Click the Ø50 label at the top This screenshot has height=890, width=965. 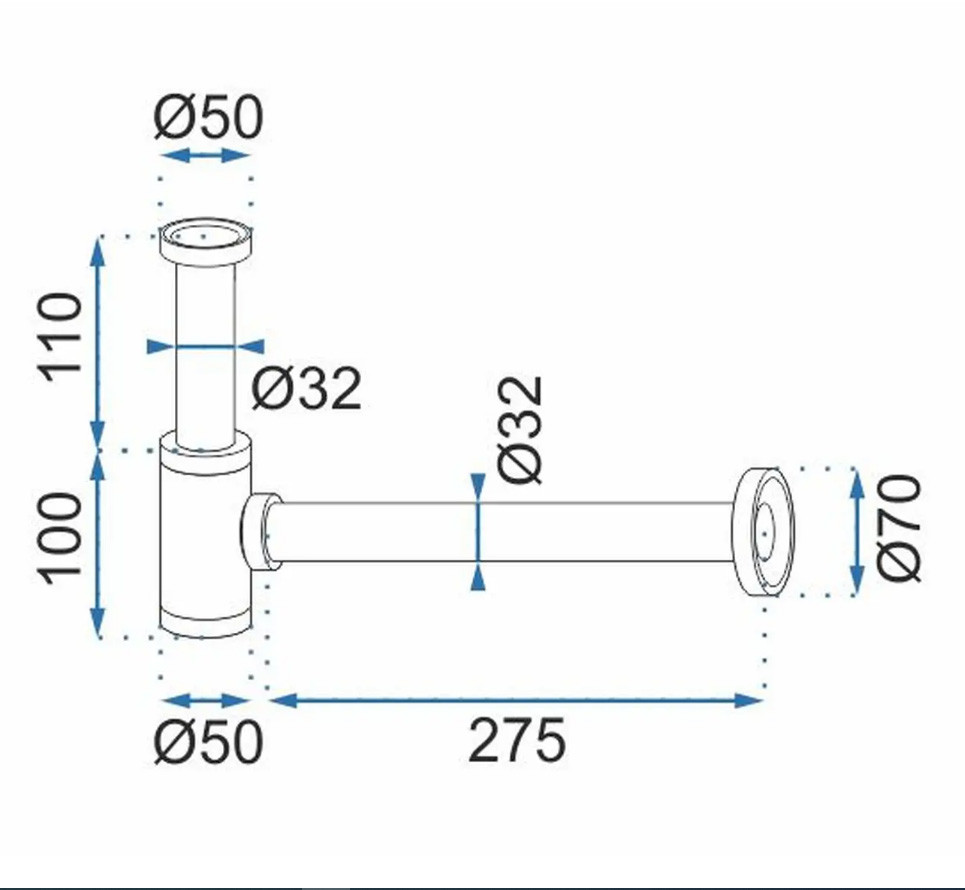coord(208,117)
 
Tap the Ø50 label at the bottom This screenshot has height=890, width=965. coord(208,741)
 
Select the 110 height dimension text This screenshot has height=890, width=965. coord(60,337)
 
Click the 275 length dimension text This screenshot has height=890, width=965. coord(516,740)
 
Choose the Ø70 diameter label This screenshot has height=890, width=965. coord(899,527)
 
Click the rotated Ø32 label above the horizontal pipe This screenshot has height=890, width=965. coord(521,430)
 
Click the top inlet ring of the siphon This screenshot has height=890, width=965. coord(206,241)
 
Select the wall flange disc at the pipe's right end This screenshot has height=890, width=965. coord(764,532)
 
